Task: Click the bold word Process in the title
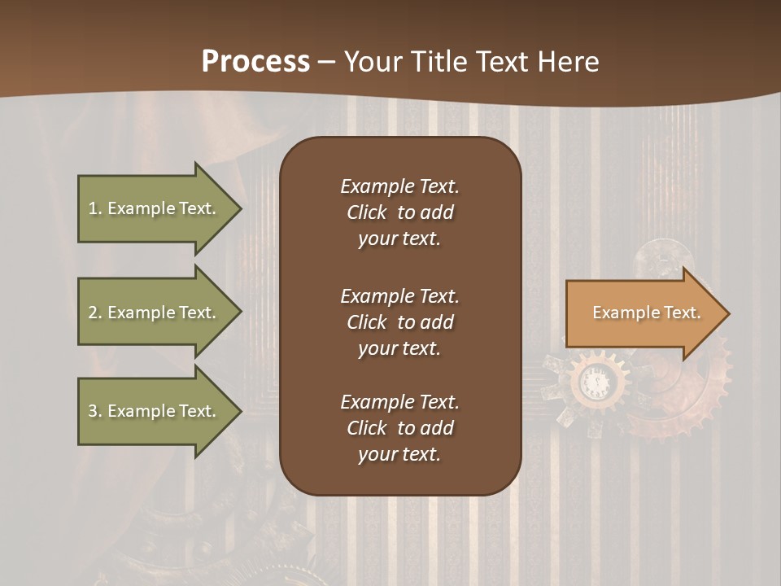[255, 62]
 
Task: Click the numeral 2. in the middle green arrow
[95, 313]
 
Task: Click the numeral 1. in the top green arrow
[95, 208]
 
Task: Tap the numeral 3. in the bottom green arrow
[95, 411]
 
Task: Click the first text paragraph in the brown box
[399, 212]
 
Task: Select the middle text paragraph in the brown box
[399, 322]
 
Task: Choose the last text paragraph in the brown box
[399, 428]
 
